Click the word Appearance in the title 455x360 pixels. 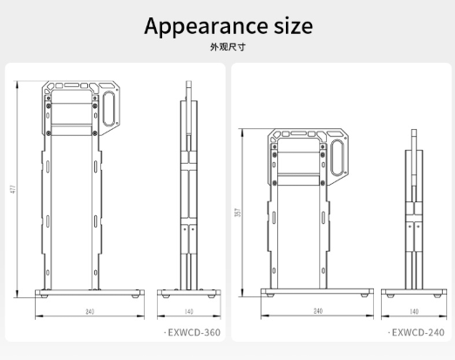pyautogui.click(x=206, y=27)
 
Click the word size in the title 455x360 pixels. pyautogui.click(x=293, y=25)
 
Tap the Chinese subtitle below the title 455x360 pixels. pyautogui.click(x=227, y=47)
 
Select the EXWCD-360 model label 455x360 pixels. pyautogui.click(x=194, y=332)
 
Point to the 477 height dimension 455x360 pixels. pyautogui.click(x=13, y=189)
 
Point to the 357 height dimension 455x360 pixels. pyautogui.click(x=238, y=213)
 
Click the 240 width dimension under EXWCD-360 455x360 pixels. pyautogui.click(x=90, y=311)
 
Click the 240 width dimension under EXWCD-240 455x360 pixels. pyautogui.click(x=318, y=311)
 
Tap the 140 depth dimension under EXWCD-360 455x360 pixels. pyautogui.click(x=189, y=311)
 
